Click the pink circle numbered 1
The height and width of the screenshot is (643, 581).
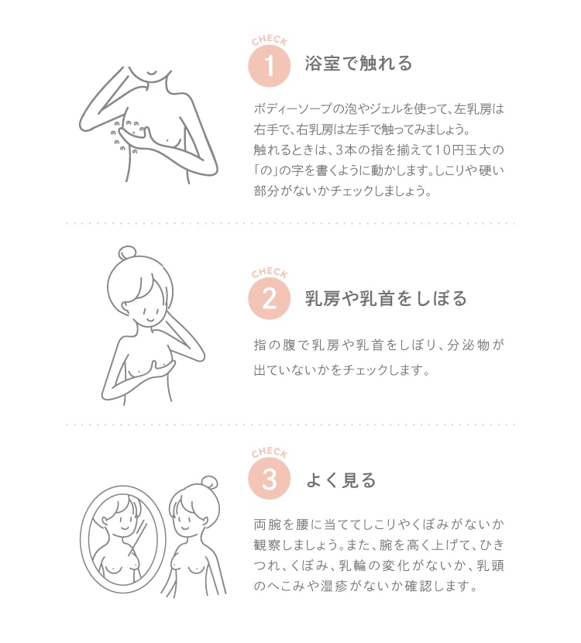pyautogui.click(x=270, y=65)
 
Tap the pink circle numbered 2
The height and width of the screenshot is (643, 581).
pyautogui.click(x=270, y=298)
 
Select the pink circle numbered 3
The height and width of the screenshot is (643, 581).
pyautogui.click(x=270, y=478)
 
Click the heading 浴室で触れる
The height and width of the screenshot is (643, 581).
pyautogui.click(x=359, y=64)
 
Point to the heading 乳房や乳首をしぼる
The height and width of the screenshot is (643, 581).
pyautogui.click(x=386, y=298)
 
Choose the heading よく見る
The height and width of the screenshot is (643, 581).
pyautogui.click(x=341, y=480)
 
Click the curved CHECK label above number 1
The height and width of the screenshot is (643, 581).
pyautogui.click(x=270, y=40)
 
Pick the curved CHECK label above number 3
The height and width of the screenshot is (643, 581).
pyautogui.click(x=270, y=452)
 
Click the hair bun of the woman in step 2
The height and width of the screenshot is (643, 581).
pyautogui.click(x=127, y=253)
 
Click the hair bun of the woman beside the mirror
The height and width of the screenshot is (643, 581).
pyautogui.click(x=210, y=483)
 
